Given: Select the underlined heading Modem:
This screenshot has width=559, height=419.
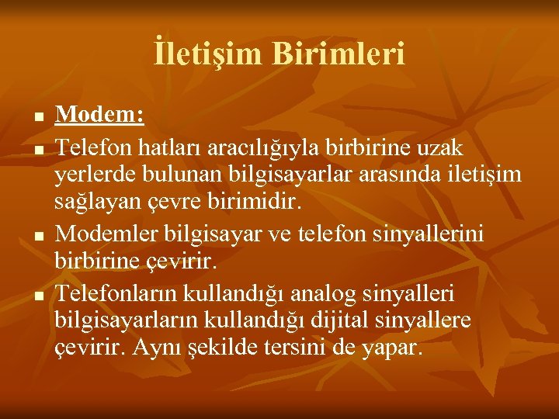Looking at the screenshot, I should [99, 116].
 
